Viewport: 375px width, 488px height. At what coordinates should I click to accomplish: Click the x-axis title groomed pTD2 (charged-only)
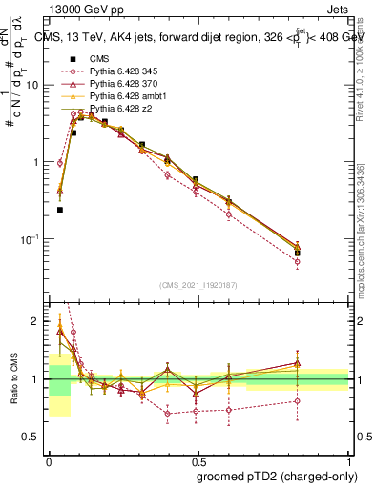[275, 477]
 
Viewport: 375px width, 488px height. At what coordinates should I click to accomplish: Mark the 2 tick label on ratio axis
[37, 322]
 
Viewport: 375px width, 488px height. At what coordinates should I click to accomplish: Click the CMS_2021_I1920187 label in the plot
[198, 285]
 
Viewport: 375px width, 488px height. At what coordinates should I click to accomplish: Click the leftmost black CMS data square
[60, 210]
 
